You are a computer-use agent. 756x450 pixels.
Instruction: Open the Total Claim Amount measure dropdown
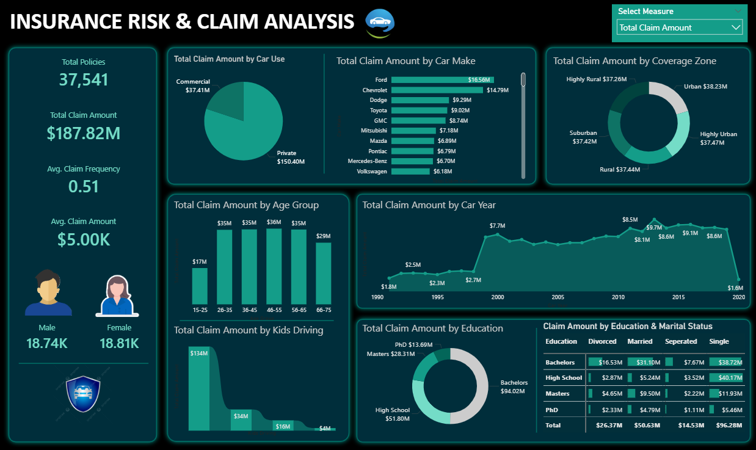pyautogui.click(x=679, y=27)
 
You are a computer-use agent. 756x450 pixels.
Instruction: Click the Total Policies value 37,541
pyautogui.click(x=84, y=80)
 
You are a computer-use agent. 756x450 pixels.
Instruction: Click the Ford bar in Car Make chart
pyautogui.click(x=443, y=79)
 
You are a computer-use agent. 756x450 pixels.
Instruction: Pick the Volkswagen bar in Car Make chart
pyautogui.click(x=410, y=172)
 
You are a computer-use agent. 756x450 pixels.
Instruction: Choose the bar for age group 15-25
pyautogui.click(x=200, y=286)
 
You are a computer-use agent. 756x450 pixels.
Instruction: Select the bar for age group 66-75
pyautogui.click(x=323, y=274)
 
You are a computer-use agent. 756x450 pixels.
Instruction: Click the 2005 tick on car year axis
pyautogui.click(x=558, y=297)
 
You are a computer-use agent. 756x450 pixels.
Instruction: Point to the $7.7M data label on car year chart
pyautogui.click(x=497, y=226)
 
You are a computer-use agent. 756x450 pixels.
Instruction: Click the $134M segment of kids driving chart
pyautogui.click(x=199, y=388)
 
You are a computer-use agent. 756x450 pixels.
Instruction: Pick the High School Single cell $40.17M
pyautogui.click(x=726, y=377)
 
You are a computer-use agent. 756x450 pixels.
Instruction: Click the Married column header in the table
pyautogui.click(x=640, y=341)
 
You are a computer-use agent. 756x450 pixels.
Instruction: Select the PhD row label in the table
pyautogui.click(x=552, y=410)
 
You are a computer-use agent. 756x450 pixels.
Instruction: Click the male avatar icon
pyautogui.click(x=48, y=292)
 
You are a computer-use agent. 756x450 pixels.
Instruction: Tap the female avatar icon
pyautogui.click(x=117, y=296)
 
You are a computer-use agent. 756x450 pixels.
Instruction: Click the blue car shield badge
pyautogui.click(x=83, y=394)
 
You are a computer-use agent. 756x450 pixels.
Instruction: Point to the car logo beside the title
pyautogui.click(x=380, y=23)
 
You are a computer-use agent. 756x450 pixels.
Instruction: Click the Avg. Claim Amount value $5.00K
pyautogui.click(x=84, y=239)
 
